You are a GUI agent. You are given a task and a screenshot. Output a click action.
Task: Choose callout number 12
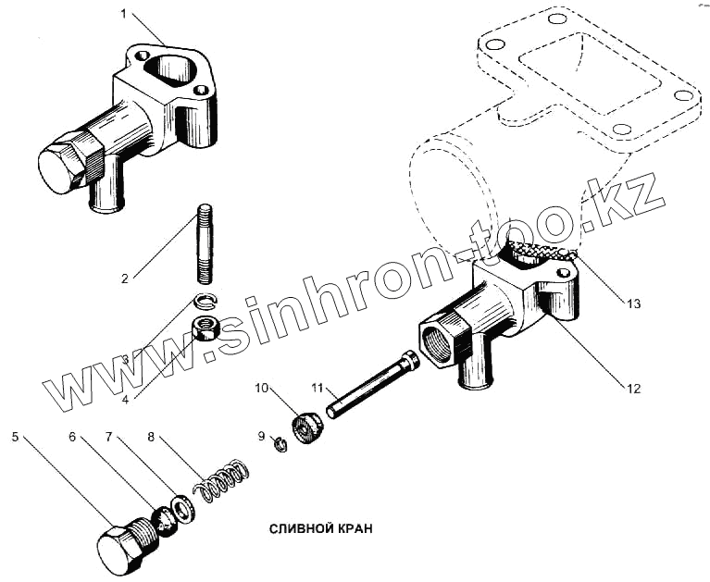tap(632, 389)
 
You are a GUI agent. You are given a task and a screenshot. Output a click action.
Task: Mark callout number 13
tap(632, 303)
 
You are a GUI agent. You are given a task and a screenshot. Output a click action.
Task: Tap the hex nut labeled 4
tap(206, 328)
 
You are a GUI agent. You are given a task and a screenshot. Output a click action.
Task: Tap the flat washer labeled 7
tap(183, 507)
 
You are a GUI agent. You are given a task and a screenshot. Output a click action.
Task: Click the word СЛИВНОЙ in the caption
tap(298, 529)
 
